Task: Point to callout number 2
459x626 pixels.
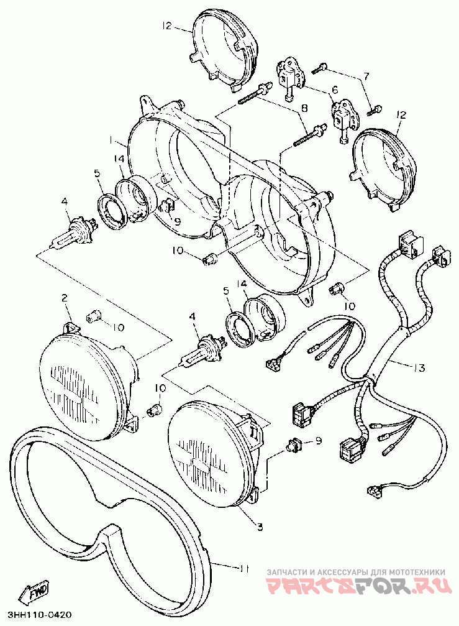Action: pos(64,299)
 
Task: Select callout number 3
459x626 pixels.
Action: pos(260,527)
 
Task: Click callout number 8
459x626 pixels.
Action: pos(304,108)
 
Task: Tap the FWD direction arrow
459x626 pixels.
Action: pos(35,592)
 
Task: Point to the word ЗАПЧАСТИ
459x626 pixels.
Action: pos(284,571)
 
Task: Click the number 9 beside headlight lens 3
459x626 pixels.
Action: pos(319,441)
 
